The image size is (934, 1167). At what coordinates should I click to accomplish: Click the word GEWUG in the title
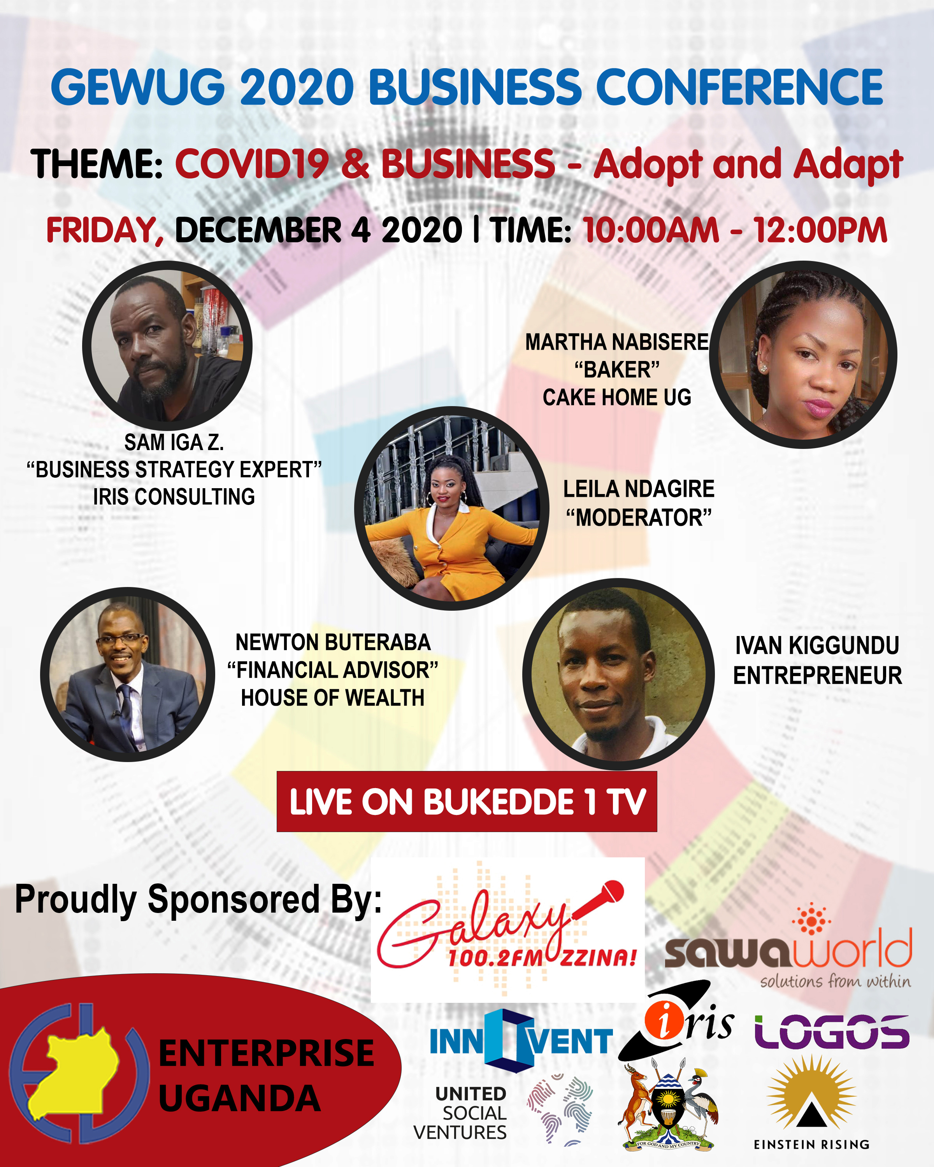[138, 87]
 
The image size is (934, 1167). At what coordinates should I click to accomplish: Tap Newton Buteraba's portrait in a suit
[128, 675]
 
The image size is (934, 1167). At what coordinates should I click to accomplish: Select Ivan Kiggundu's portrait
[618, 674]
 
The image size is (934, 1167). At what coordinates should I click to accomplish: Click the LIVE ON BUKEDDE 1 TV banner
[467, 802]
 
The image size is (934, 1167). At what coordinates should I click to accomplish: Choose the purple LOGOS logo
[832, 1032]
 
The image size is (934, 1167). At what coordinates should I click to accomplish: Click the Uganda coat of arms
[669, 1105]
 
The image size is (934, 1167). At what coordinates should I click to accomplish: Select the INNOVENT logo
[521, 1041]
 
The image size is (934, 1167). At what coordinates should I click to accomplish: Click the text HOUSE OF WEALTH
[332, 698]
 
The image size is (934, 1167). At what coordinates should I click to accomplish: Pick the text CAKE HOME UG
[617, 397]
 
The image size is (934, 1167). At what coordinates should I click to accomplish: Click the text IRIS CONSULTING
[174, 497]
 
